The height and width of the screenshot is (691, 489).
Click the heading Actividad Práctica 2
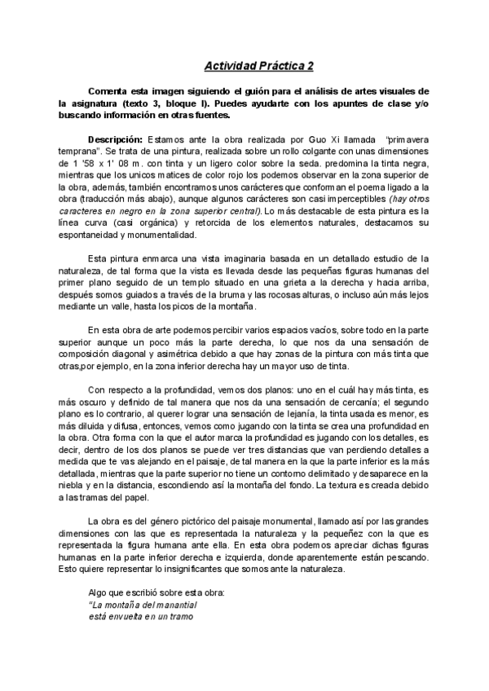pyautogui.click(x=258, y=65)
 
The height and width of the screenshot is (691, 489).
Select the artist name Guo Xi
pyautogui.click(x=318, y=140)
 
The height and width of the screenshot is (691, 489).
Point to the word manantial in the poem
pyautogui.click(x=173, y=606)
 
